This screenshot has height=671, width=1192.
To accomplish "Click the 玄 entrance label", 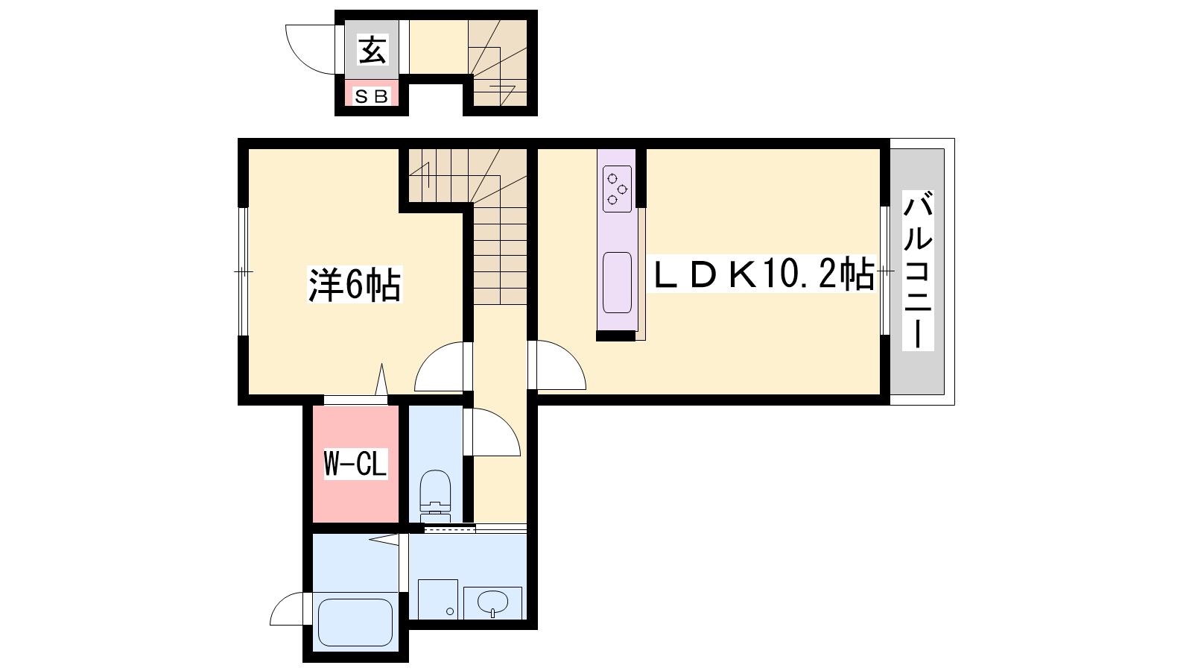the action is (372, 49).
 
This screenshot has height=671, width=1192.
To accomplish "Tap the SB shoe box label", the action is (371, 96).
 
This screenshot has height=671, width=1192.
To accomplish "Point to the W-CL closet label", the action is (355, 463).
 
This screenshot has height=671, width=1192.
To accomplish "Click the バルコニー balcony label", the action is (918, 270).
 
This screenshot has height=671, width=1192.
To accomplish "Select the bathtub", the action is (355, 622).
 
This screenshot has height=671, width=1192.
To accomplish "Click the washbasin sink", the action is (492, 603).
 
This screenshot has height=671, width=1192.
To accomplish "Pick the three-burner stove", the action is (618, 189).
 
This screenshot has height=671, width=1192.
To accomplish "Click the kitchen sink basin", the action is (618, 283).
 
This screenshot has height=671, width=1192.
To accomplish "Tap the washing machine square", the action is (438, 599).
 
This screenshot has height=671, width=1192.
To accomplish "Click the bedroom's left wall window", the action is (243, 271).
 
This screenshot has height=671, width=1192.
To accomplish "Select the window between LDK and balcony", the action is (885, 271).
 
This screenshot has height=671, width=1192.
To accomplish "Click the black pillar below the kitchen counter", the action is (615, 336).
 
